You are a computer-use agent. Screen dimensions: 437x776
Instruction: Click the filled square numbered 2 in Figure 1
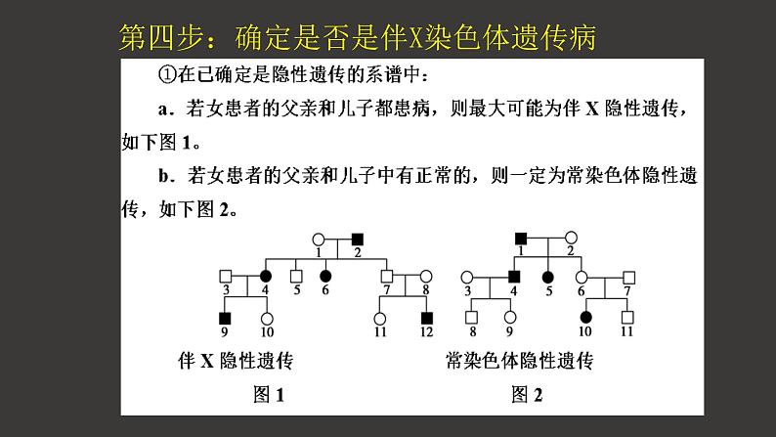358,239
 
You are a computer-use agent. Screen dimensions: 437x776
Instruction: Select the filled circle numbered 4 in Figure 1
265,276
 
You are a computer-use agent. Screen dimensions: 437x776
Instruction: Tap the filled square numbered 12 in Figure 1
426,318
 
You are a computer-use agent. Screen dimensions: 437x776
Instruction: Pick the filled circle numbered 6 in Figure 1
324,276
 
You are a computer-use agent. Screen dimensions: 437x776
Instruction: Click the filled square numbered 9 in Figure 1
225,318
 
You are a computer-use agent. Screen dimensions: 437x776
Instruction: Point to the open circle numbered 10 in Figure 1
266,318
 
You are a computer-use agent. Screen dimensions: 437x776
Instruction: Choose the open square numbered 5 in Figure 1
296,276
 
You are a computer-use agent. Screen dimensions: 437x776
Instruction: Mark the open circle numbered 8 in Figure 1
425,276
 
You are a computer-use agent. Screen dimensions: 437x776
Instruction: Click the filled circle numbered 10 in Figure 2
586,318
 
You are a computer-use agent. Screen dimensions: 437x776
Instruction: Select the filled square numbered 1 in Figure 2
522,238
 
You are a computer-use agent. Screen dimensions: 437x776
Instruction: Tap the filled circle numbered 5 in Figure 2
549,276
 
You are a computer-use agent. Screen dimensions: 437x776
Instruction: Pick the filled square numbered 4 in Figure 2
515,277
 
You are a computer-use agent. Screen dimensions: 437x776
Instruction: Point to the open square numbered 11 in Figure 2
627,318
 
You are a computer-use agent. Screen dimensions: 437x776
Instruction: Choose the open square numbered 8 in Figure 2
474,318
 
